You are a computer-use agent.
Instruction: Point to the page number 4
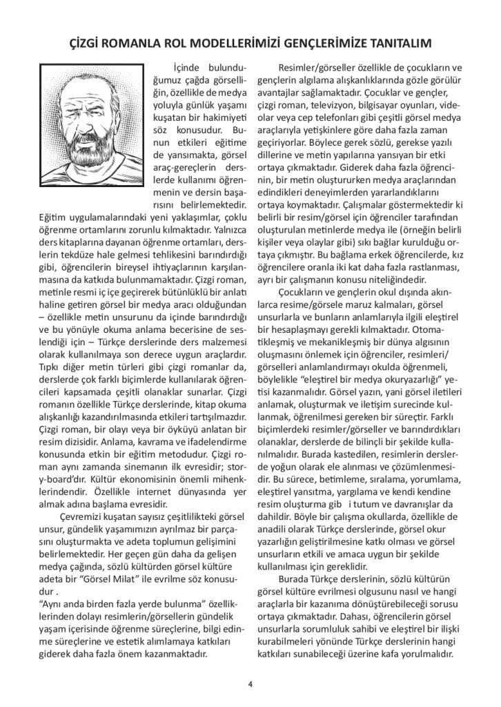click(x=250, y=684)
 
